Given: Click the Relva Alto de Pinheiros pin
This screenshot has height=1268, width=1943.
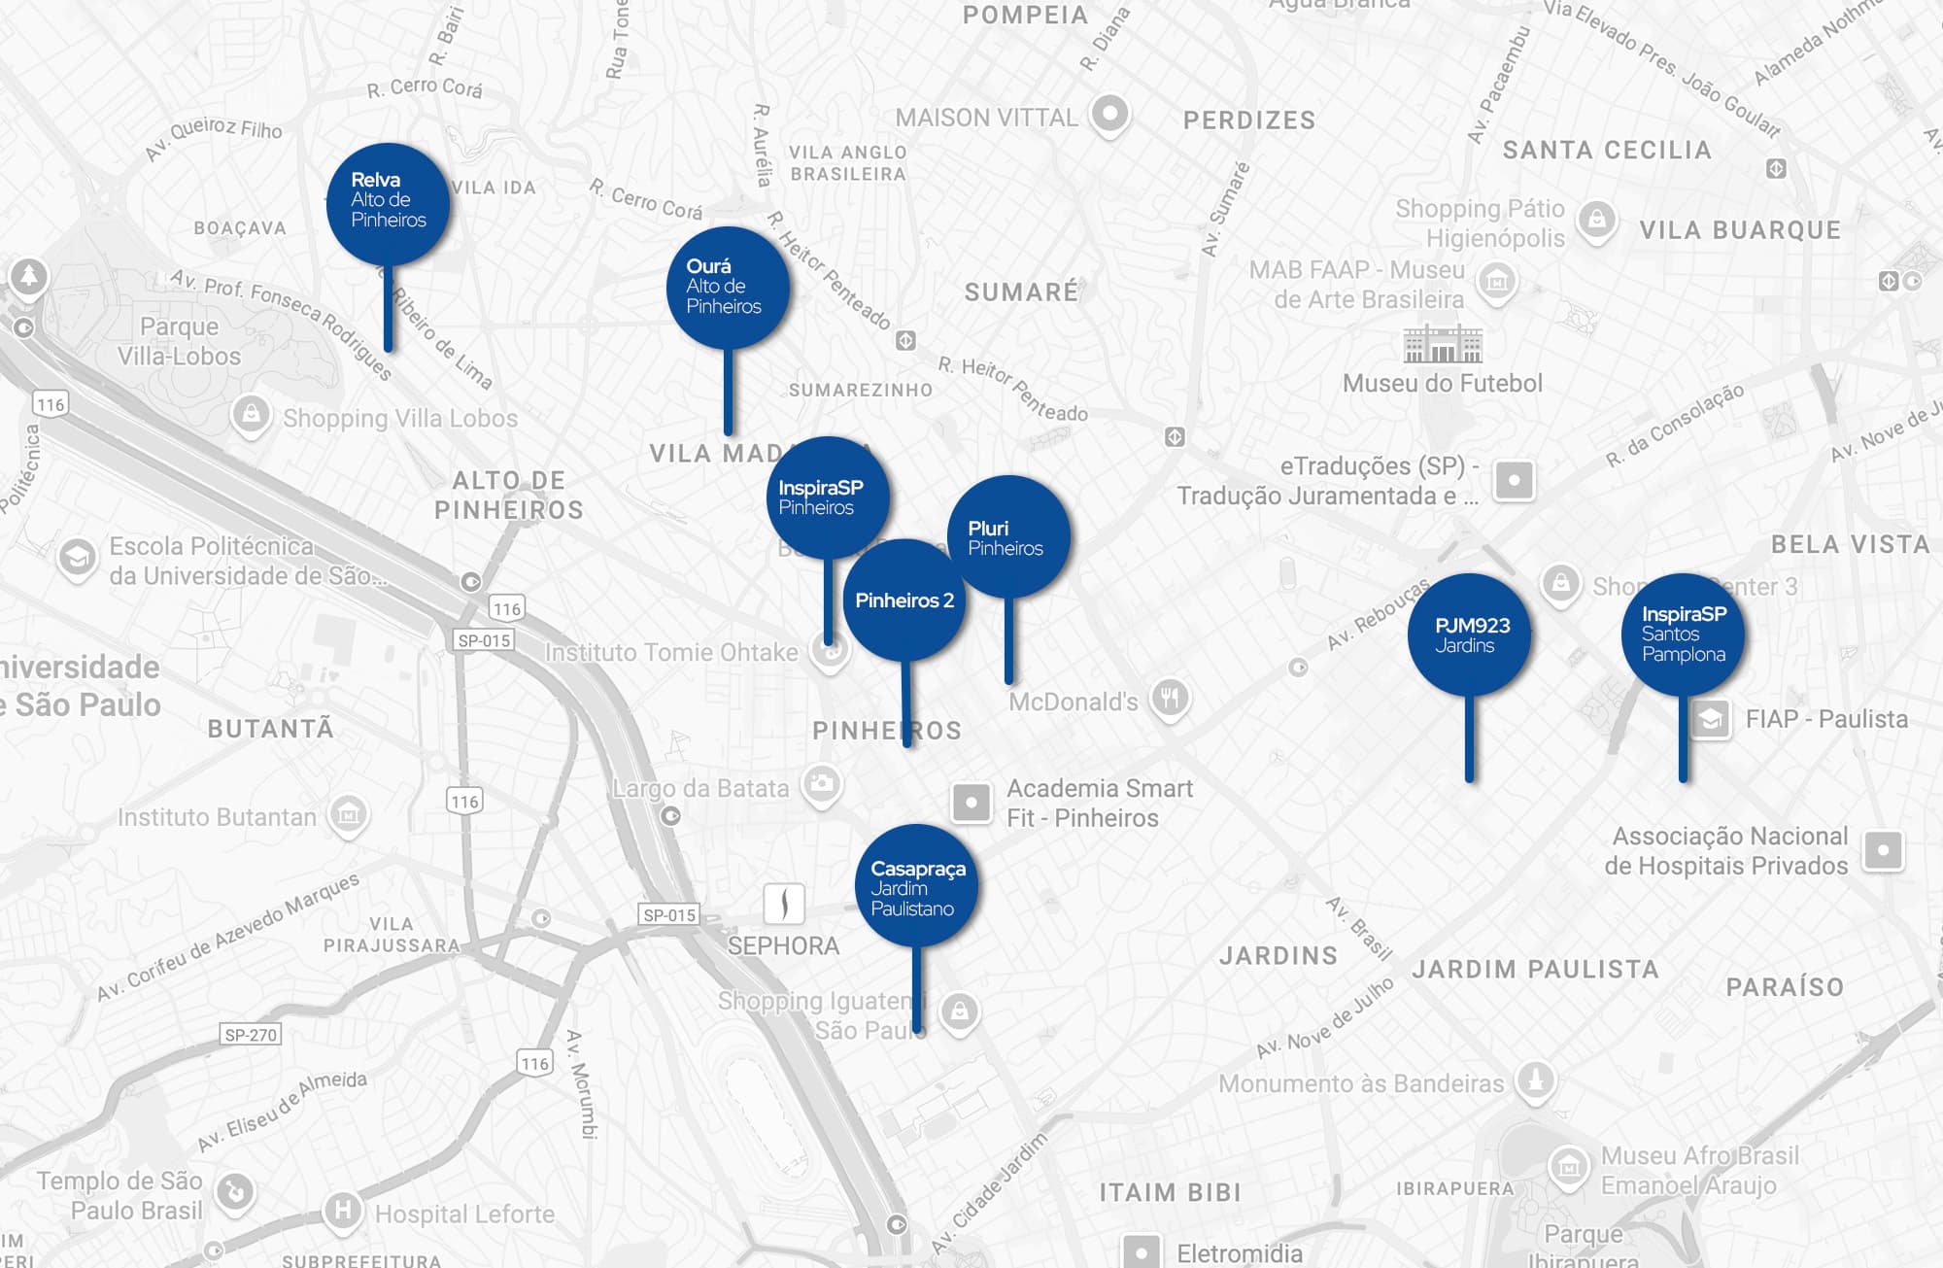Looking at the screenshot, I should pos(389,204).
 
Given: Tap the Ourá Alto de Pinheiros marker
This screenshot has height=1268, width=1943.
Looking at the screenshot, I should pos(728,287).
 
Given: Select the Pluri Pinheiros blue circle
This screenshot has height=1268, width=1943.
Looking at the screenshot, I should pos(1008,537).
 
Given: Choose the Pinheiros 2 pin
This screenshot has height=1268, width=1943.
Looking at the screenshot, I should pos(904,600).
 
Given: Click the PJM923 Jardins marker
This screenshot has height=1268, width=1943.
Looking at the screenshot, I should pos(1469,635).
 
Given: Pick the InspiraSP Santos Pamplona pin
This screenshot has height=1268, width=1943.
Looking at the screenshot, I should pos(1683,634).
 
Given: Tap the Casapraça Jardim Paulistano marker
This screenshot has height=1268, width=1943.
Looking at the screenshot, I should pos(916,887).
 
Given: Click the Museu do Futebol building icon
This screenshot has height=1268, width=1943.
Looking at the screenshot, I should pos(1443,344).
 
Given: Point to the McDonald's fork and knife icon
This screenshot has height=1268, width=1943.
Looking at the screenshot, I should pos(1170,698).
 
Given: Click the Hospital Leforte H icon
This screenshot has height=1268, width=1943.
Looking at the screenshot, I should pos(342,1211).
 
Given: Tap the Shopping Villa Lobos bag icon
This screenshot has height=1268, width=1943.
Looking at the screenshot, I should pos(251,415).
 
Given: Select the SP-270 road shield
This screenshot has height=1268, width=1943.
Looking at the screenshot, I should pos(251,1035).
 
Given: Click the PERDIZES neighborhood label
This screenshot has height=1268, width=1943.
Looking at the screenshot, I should pos(1249,120).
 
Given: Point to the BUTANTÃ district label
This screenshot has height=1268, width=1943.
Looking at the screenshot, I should pos(270,729).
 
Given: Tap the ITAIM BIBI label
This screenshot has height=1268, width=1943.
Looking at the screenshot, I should pos(1170,1192).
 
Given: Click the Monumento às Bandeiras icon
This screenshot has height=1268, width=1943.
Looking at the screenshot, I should pos(1536,1080).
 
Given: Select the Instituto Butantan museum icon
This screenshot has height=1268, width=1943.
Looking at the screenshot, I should pos(349,813).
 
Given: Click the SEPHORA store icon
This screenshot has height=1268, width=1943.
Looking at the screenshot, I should pos(784,904).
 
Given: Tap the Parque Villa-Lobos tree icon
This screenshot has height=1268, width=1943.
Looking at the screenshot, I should pos(29,277).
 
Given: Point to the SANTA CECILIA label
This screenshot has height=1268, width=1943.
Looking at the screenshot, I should pos(1607,150).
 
